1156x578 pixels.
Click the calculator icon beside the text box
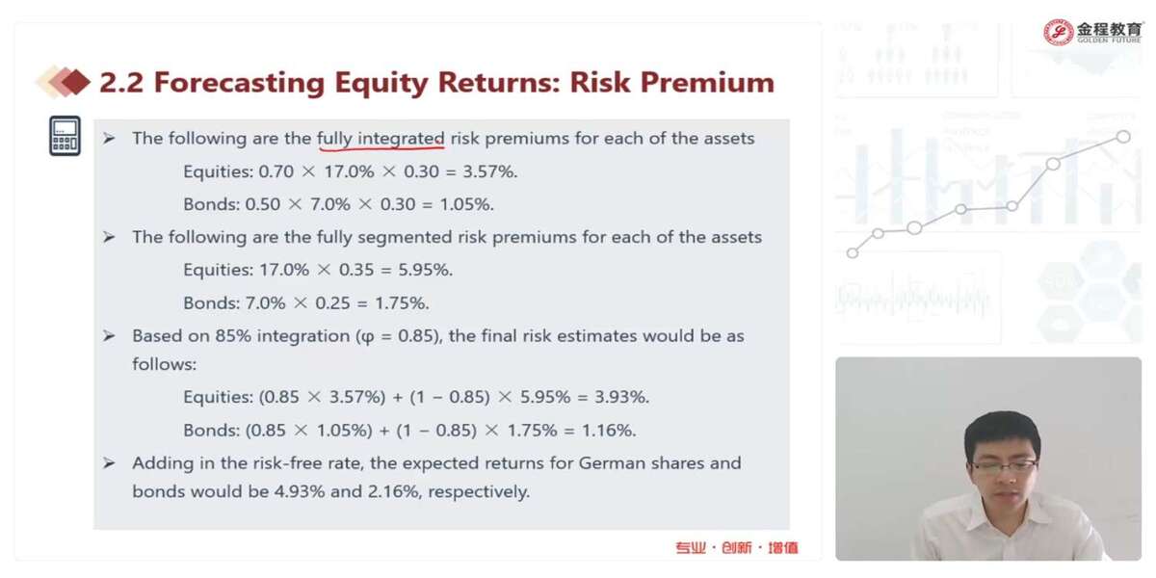[x=66, y=136]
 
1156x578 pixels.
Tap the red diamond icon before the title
[x=75, y=82]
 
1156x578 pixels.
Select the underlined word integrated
[x=401, y=139]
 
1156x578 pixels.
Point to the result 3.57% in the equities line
[x=489, y=171]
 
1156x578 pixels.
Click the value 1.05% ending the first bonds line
[x=466, y=204]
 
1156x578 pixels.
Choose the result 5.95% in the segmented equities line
[x=425, y=270]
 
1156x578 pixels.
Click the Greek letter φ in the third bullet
[x=368, y=337]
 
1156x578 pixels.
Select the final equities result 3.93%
[x=621, y=397]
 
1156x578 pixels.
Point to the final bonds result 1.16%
[x=609, y=431]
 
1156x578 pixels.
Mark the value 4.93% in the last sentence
[x=300, y=491]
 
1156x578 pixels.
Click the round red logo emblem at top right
[x=1058, y=32]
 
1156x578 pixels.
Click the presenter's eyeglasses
[x=1003, y=465]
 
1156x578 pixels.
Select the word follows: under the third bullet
[x=164, y=364]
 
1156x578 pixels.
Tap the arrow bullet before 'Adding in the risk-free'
[x=108, y=463]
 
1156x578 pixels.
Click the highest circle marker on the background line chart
[x=1123, y=137]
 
